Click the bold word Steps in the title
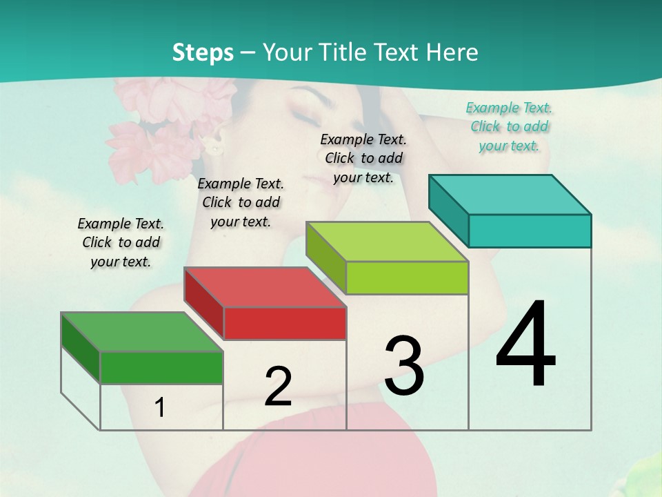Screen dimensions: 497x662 click(x=203, y=52)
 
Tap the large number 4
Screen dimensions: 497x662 click(x=525, y=345)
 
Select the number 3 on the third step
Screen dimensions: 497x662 click(x=404, y=366)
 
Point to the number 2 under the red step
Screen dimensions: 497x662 click(x=278, y=387)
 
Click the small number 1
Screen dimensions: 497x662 click(x=160, y=408)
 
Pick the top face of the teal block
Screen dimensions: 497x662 click(x=510, y=194)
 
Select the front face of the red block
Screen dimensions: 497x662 click(x=285, y=323)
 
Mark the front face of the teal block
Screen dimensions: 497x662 click(x=530, y=231)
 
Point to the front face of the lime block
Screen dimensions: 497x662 click(x=407, y=277)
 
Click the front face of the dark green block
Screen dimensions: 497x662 click(x=161, y=367)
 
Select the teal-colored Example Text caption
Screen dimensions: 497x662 click(x=509, y=127)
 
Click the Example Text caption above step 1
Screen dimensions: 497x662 click(x=121, y=242)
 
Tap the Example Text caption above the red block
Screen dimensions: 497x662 click(x=241, y=202)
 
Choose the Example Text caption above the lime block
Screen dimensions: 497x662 click(x=363, y=158)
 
